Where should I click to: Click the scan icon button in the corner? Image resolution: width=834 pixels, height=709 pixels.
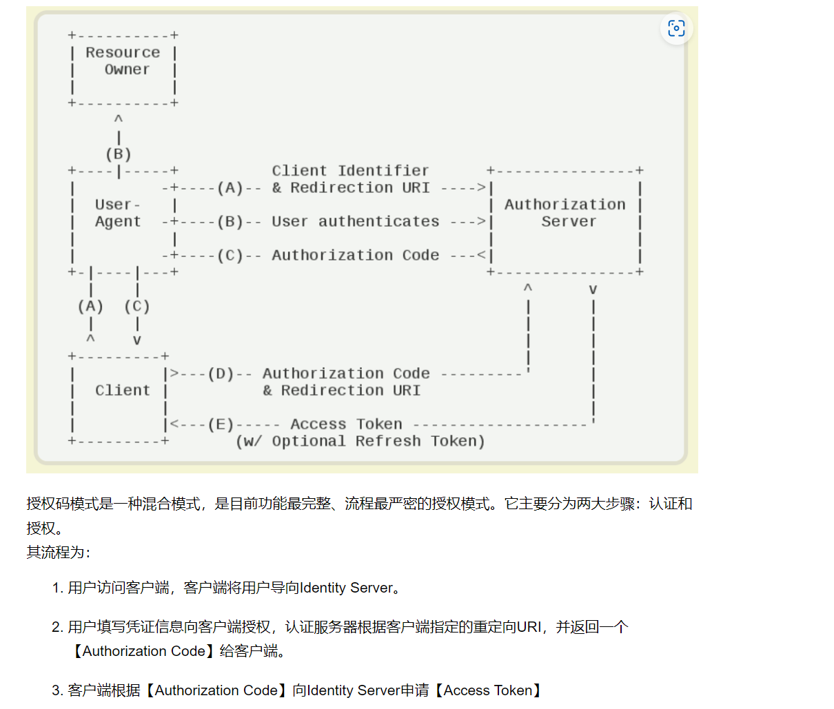[x=676, y=28]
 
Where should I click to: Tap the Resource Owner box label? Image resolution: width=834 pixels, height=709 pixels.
[x=123, y=61]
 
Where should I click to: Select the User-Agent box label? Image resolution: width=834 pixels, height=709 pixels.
[x=118, y=214]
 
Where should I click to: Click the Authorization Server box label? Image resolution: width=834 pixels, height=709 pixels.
[x=565, y=214]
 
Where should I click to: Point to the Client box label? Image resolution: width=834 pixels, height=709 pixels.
[x=123, y=391]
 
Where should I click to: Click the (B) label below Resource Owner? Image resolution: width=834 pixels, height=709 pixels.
[x=119, y=154]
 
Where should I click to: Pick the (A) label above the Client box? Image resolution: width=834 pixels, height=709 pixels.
[x=90, y=307]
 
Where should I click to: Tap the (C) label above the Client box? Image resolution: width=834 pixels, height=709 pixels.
[x=136, y=307]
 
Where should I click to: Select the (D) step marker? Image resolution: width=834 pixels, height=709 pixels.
[x=221, y=374]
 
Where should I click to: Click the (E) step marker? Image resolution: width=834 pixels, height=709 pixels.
[x=221, y=424]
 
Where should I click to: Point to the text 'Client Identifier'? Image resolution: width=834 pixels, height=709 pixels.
[x=350, y=171]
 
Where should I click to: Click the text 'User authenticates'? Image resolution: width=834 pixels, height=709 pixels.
[x=356, y=221]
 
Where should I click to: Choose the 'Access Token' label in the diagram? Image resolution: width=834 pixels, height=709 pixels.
[x=346, y=424]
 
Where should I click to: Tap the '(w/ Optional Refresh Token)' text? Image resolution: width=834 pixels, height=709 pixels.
[x=360, y=442]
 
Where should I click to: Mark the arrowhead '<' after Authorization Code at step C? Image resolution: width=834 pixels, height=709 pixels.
[x=481, y=256]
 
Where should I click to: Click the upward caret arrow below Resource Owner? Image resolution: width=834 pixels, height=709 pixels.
[x=119, y=119]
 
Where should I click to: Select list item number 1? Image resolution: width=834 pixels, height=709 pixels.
[x=226, y=588]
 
